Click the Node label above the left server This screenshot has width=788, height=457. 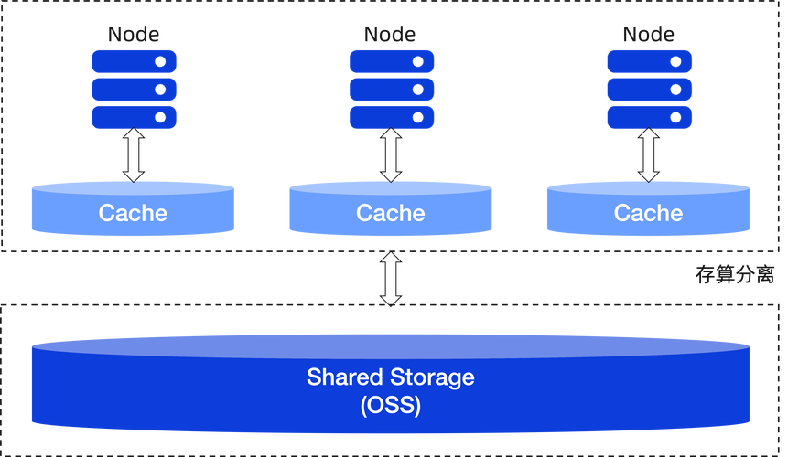coord(134,35)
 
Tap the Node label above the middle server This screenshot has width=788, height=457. coord(390,35)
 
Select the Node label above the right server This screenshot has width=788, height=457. coord(649,35)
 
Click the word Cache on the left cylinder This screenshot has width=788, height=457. coord(134,213)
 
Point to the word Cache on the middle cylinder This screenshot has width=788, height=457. coord(391,213)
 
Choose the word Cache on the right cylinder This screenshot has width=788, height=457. coord(649,213)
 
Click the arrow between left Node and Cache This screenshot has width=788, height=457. coord(134,155)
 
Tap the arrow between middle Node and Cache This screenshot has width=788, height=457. coord(391,155)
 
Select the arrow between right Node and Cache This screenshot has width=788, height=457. coord(649,155)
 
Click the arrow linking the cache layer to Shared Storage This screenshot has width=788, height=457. coord(391,278)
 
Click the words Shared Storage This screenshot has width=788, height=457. coord(391,377)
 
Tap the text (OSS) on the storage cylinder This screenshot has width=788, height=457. coord(391,403)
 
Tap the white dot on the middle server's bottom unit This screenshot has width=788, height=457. coord(417,117)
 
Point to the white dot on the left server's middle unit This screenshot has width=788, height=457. coord(160,90)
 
